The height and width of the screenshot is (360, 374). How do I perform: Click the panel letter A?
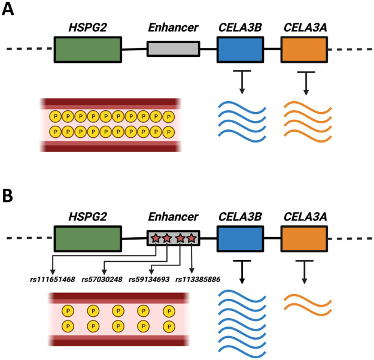point(8,10)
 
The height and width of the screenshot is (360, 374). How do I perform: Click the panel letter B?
point(7,196)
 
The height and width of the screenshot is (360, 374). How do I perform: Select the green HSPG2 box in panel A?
point(88,49)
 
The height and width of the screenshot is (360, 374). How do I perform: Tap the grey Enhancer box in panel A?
point(174,49)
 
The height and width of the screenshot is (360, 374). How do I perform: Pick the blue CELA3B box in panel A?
point(241,49)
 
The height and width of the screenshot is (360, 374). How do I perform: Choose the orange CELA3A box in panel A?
point(304,49)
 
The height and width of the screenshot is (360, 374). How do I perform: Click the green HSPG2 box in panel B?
point(88,238)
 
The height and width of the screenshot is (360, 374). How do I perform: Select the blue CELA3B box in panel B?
point(241,238)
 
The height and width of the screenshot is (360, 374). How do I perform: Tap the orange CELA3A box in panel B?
point(304,238)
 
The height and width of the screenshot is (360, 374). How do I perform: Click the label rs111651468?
point(53,279)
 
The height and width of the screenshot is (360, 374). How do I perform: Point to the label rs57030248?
point(102,279)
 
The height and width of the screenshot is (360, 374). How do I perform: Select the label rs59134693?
point(149,279)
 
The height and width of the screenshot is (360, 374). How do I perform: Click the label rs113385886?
point(197,279)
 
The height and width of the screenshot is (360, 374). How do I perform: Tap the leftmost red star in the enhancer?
point(156,238)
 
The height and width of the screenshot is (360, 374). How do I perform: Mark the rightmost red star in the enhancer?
point(191,238)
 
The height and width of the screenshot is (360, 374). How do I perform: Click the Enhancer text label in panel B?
point(173,217)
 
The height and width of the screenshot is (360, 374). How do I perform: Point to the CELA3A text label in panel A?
point(305,28)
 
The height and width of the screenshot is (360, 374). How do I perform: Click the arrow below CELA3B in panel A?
point(242,82)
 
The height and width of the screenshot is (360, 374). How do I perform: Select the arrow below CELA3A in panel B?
point(305,272)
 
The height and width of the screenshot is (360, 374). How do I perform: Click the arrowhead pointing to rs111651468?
point(53,272)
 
